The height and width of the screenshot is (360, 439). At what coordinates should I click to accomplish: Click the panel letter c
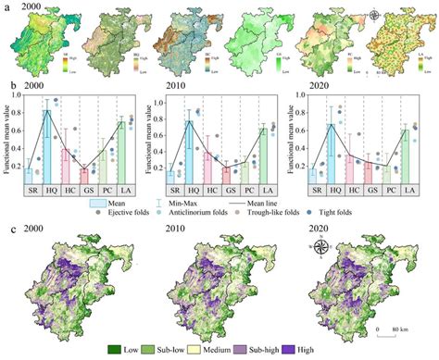(x=10, y=229)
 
